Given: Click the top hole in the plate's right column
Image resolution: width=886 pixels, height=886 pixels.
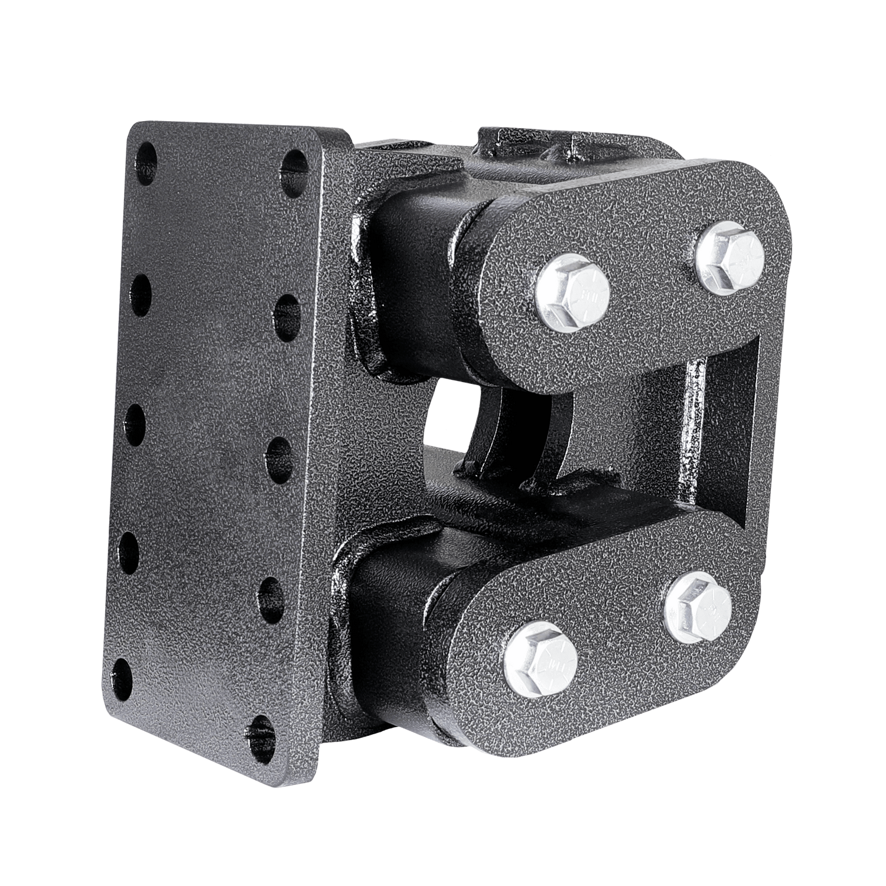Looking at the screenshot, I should [x=293, y=165].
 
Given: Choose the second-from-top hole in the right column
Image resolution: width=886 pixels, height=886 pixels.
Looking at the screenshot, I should [x=288, y=308].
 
